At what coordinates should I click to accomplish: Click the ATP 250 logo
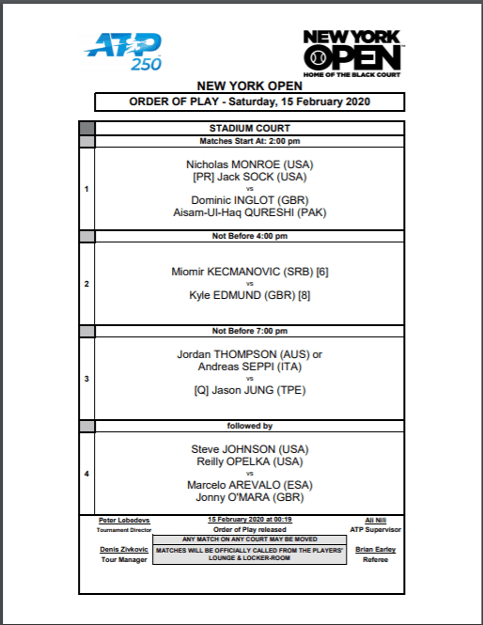[x=124, y=51]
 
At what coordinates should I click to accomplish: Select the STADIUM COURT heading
[x=250, y=128]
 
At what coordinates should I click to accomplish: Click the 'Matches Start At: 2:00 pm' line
[x=250, y=141]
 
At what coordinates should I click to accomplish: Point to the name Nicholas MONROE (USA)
[x=250, y=164]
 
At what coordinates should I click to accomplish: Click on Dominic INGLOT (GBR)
[x=250, y=199]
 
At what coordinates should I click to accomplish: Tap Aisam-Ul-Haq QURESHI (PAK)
[x=250, y=211]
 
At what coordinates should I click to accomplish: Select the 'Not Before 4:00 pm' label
[x=250, y=237]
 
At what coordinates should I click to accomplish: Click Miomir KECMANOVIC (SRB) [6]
[x=250, y=271]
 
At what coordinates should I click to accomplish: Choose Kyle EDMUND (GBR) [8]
[x=250, y=294]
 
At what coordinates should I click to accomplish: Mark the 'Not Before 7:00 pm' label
[x=250, y=331]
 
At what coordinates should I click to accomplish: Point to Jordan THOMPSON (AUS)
[x=244, y=354]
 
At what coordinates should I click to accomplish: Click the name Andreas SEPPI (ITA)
[x=250, y=367]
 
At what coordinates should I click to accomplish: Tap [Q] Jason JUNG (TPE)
[x=250, y=390]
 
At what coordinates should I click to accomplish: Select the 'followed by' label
[x=250, y=426]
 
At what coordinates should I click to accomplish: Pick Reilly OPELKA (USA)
[x=250, y=461]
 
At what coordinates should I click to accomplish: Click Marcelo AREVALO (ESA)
[x=250, y=485]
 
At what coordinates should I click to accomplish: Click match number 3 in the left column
[x=86, y=379]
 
